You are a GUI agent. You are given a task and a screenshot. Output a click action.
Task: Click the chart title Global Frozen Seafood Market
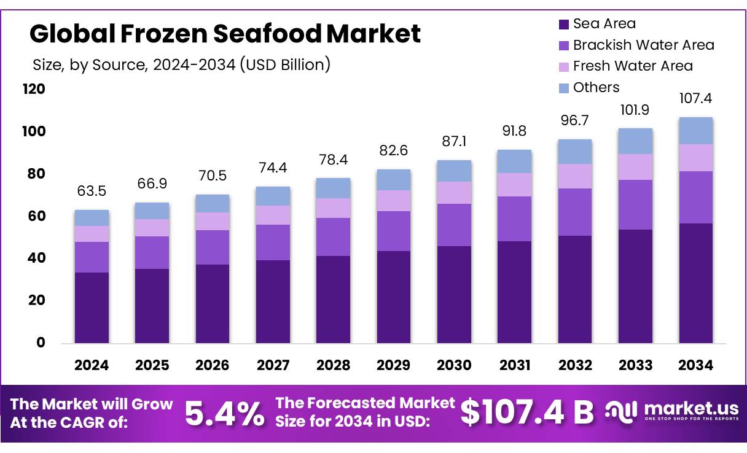[225, 34]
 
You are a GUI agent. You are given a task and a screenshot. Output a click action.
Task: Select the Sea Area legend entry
[604, 24]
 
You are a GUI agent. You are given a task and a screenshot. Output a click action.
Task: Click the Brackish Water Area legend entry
[643, 45]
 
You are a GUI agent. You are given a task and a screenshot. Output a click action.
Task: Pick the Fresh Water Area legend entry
[632, 66]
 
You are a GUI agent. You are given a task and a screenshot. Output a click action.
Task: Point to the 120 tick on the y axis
[34, 90]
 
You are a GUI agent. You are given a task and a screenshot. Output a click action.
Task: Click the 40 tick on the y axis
[36, 258]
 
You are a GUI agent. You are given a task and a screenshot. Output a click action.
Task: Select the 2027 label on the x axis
[273, 366]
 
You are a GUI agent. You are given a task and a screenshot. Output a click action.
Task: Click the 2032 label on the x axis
[575, 366]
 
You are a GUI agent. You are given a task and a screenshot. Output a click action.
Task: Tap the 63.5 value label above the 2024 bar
[92, 191]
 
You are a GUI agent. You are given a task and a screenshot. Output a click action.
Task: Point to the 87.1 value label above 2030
[454, 141]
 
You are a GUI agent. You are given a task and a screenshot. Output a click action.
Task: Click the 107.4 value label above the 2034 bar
[695, 98]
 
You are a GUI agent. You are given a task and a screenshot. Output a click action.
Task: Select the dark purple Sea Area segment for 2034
[695, 282]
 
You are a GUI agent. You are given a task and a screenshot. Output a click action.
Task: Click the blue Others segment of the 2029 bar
[394, 180]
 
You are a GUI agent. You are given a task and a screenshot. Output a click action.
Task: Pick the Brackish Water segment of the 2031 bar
[514, 219]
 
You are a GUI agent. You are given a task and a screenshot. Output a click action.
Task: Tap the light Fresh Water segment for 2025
[152, 228]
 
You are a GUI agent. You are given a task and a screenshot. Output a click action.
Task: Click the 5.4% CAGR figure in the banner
[224, 413]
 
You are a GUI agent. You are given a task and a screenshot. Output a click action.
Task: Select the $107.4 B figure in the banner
[527, 412]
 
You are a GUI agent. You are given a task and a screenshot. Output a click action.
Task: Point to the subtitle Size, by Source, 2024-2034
[181, 64]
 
